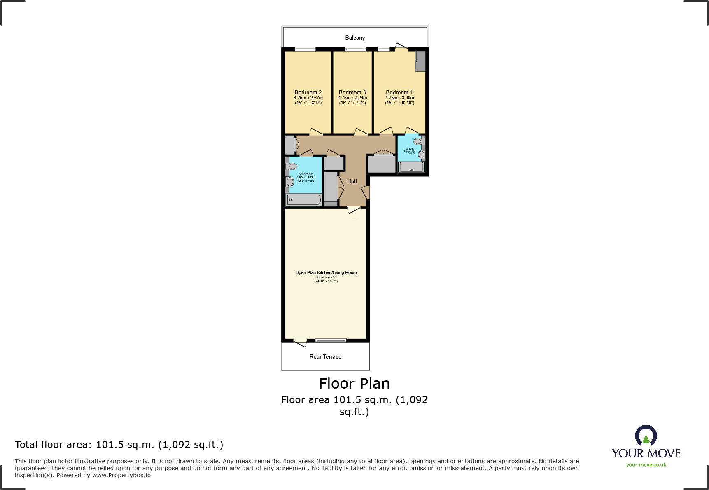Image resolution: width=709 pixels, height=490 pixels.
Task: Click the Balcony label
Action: coord(355,38)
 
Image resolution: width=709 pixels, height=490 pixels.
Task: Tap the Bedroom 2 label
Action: coord(308,92)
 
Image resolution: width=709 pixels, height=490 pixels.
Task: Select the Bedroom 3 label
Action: coord(352,92)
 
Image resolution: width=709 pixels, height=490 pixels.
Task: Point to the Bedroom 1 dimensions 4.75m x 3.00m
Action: coord(399,98)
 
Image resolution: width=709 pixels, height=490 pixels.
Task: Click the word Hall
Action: coord(352,181)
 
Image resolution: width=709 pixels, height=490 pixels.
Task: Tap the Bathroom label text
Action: coord(306,174)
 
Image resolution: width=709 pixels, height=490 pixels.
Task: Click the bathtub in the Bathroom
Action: coord(304,200)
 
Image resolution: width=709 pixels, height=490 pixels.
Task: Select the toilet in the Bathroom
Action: coord(292,166)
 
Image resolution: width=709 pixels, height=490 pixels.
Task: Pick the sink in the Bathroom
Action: coord(290,182)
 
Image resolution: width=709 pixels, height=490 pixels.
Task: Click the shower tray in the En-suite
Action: coord(411,167)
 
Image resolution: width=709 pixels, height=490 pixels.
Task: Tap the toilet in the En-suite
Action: coord(418,141)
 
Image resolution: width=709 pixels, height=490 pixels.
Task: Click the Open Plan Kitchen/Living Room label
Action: coord(326,272)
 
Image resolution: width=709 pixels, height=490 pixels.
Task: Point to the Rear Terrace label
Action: coord(325,356)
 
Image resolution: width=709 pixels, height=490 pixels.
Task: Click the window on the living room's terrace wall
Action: coord(331,340)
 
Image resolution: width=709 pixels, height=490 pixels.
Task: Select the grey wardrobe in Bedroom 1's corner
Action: coord(420,61)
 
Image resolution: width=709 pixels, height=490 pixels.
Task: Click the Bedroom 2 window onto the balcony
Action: coord(305,49)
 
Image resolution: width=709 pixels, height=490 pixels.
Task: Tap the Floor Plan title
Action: coord(354,383)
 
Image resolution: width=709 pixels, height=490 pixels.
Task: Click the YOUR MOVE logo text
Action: coord(646,453)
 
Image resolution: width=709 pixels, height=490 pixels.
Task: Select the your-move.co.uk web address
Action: coord(646,465)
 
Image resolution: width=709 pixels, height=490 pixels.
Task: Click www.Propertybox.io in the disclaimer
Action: coord(121,475)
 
